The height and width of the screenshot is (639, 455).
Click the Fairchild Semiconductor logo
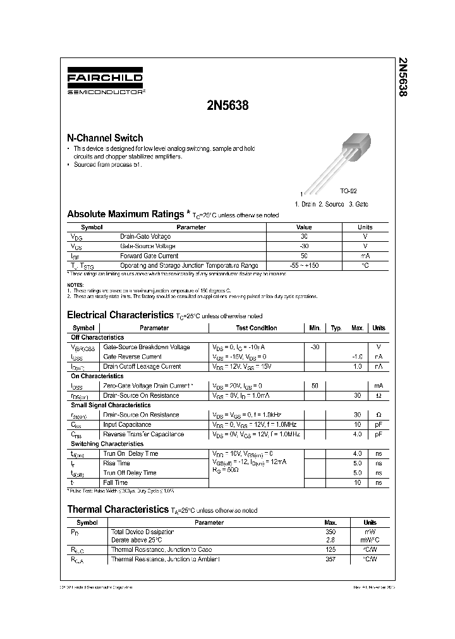(x=106, y=82)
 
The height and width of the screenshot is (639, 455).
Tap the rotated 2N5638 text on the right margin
(x=403, y=76)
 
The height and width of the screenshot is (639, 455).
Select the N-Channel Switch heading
(x=105, y=138)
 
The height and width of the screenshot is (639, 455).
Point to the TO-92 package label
(x=349, y=191)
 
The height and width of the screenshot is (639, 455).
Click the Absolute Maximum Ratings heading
(x=126, y=214)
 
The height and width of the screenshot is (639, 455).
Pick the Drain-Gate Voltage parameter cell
(x=145, y=236)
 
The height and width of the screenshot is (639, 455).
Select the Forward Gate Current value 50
(x=304, y=256)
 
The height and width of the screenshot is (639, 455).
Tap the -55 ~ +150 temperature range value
(x=304, y=265)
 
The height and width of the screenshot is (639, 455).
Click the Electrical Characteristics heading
(x=119, y=314)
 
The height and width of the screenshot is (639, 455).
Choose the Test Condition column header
(x=257, y=328)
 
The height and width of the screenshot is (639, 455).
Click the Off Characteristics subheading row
(x=97, y=337)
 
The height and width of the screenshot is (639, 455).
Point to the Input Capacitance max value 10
(x=357, y=424)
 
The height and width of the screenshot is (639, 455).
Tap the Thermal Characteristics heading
(x=118, y=509)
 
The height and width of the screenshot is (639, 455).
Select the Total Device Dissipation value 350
(x=330, y=532)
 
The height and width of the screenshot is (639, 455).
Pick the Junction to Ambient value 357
(x=330, y=559)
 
